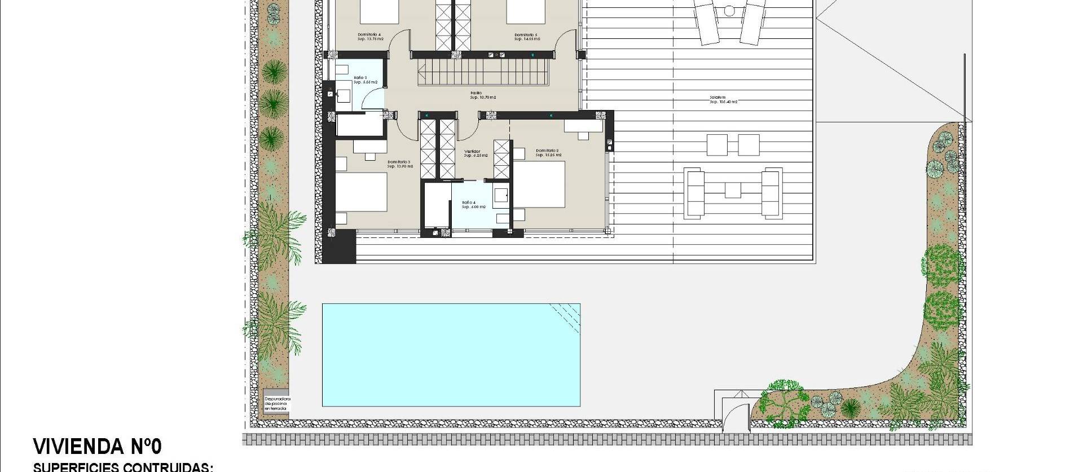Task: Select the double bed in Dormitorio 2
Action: [538, 184]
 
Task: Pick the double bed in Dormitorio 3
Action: [361, 192]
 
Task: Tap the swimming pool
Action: [451, 355]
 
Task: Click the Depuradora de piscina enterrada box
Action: [276, 404]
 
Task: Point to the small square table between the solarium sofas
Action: [732, 190]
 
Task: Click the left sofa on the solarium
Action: [694, 192]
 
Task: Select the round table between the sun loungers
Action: [729, 11]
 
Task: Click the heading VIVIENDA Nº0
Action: [98, 446]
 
